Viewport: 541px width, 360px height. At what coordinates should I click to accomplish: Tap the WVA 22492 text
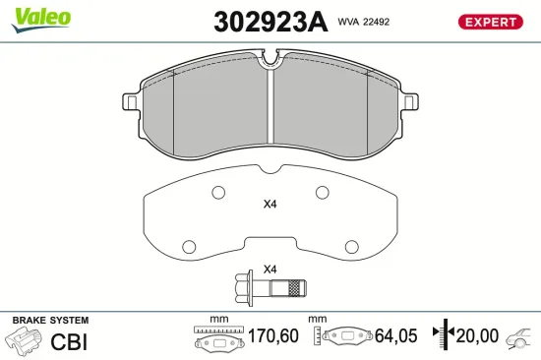pyautogui.click(x=364, y=20)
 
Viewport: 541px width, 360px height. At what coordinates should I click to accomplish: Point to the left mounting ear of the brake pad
pyautogui.click(x=130, y=101)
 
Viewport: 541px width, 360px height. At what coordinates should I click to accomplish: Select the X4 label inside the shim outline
pyautogui.click(x=270, y=206)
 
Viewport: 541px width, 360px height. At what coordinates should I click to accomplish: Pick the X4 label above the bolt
pyautogui.click(x=270, y=270)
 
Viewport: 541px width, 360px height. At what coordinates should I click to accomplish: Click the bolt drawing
pyautogui.click(x=270, y=289)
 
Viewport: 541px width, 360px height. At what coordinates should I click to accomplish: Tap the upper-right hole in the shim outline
pyautogui.click(x=321, y=193)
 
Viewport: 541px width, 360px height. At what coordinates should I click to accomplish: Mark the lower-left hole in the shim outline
pyautogui.click(x=188, y=243)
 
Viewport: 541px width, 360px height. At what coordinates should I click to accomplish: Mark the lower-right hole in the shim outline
pyautogui.click(x=350, y=243)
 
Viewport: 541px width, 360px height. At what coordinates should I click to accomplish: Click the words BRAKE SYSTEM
pyautogui.click(x=49, y=321)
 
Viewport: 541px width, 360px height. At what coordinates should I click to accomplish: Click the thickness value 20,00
pyautogui.click(x=478, y=336)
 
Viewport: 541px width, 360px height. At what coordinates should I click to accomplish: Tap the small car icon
pyautogui.click(x=517, y=339)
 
